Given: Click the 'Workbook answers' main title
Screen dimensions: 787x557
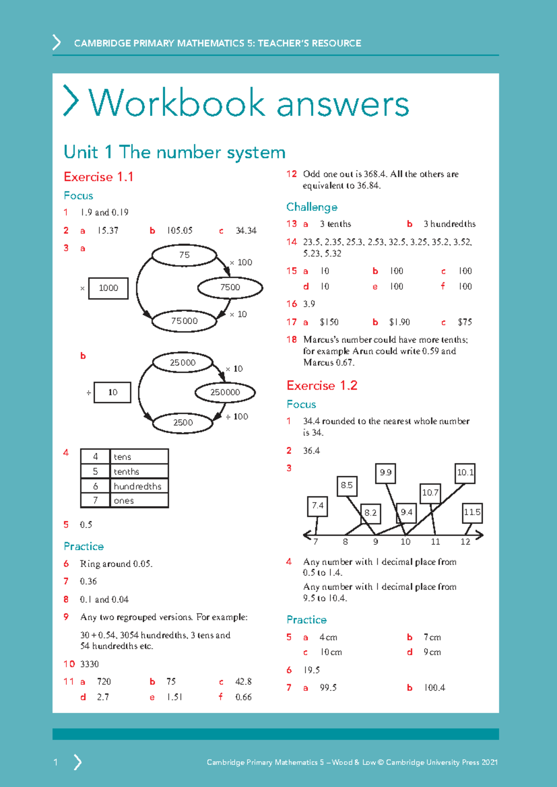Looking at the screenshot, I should pos(249,103).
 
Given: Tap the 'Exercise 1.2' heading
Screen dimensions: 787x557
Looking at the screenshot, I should pos(322,386).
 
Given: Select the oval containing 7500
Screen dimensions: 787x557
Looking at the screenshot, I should pos(230,287).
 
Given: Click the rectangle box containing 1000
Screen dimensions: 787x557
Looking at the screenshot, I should pos(108,288).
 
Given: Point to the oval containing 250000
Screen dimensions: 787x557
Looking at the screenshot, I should pos(225,392).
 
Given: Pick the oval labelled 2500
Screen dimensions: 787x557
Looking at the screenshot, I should pos(183,422).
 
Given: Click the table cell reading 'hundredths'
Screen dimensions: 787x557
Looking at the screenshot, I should pos(138,486).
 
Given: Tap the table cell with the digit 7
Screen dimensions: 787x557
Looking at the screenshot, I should pos(95,500).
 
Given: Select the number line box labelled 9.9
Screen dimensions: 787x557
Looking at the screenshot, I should pos(385,473).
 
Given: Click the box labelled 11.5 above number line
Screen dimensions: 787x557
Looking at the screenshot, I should pos(472,512).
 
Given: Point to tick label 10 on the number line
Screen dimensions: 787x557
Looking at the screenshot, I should pos(405,542).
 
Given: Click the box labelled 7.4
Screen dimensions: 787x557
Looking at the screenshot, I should pos(317,506).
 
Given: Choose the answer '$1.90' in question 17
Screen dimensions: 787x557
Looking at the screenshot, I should pos(399,322).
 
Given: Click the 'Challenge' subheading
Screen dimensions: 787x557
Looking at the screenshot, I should pos(311,207).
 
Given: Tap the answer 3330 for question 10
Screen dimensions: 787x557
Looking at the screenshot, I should pos(89,664).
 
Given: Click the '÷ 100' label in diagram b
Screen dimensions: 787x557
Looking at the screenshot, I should pos(237,417).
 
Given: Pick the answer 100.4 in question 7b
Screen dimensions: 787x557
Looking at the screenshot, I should pos(434,688).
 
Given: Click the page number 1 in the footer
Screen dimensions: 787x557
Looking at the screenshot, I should pos(56,762).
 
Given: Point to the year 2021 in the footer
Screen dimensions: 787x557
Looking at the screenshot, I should pos(489,762).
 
